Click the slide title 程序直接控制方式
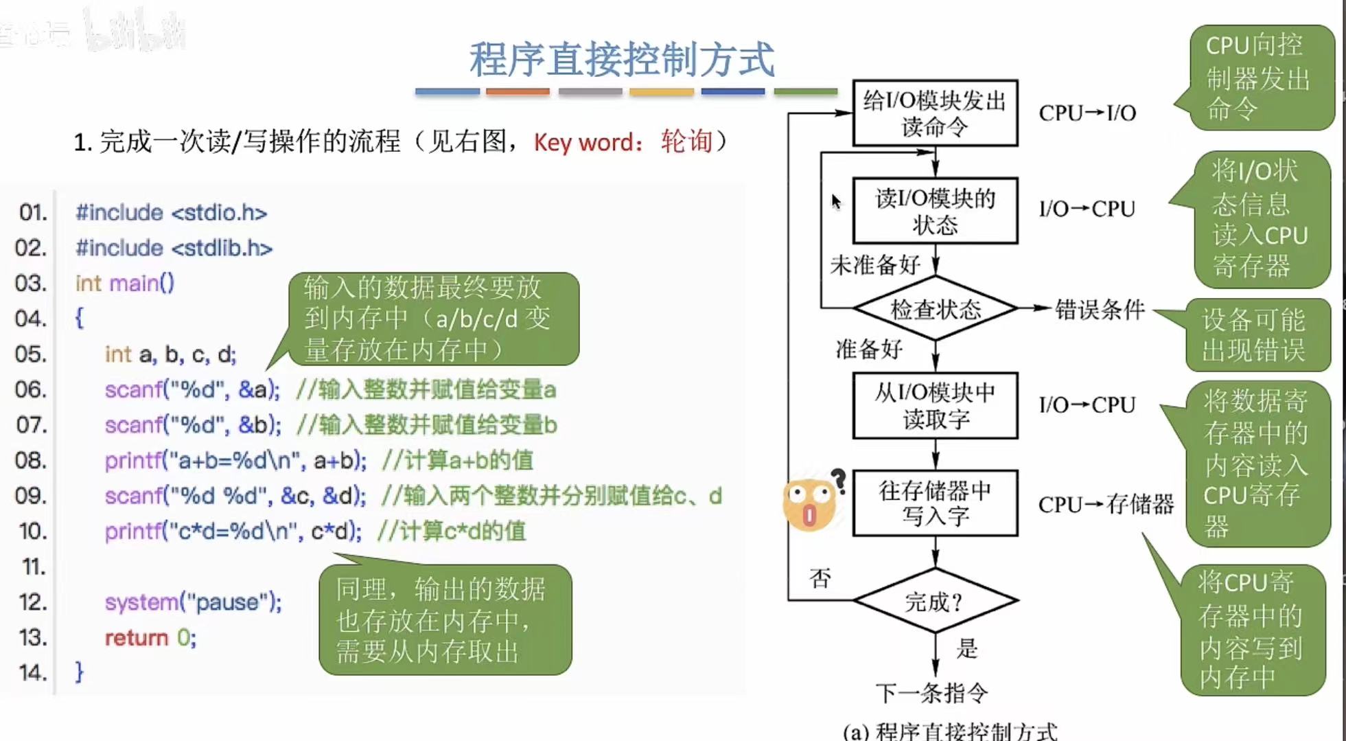pos(622,59)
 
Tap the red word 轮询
pos(686,141)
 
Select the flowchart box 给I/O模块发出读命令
pos(935,113)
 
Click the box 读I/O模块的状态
pos(935,211)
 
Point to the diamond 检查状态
pos(935,309)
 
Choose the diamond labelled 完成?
pos(935,602)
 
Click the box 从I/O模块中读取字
pos(935,405)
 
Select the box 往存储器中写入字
pos(935,503)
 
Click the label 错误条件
pos(1100,310)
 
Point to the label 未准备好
pos(874,264)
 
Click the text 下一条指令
pos(931,693)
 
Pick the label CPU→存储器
pos(1105,505)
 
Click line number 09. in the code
pos(31,496)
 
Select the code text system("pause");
pos(193,602)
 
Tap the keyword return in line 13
pos(136,638)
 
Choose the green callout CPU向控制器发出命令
pos(1259,78)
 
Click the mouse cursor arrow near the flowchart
pos(835,201)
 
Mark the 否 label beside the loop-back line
pos(820,578)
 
